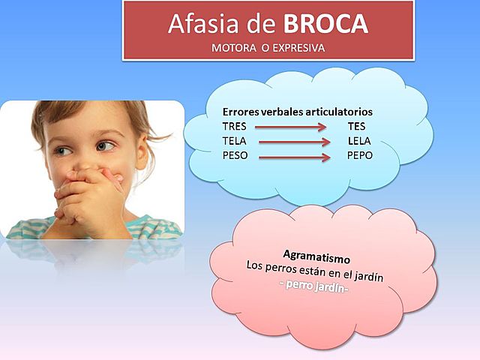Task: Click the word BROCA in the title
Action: coord(325,25)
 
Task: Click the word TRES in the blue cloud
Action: coord(235,126)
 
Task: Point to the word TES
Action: coord(357,126)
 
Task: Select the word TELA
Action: coord(235,140)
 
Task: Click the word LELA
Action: coord(360,140)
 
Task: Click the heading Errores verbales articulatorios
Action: coord(298,111)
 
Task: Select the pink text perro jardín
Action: coord(313,288)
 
